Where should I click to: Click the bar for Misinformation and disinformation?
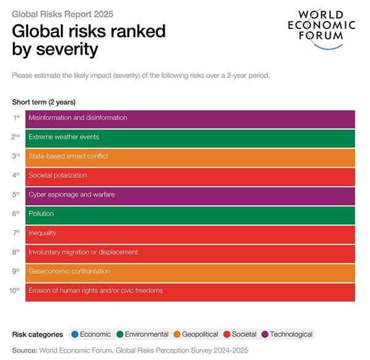point(190,118)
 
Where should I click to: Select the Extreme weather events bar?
point(190,137)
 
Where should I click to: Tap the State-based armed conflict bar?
point(190,156)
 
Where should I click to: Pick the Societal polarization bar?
point(190,176)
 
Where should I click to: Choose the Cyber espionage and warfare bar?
point(190,195)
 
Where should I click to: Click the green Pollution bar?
point(190,214)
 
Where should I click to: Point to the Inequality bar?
point(190,233)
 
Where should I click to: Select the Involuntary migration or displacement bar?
point(190,252)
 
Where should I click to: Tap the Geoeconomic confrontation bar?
point(190,272)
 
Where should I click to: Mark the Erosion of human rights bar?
point(190,291)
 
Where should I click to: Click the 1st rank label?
point(17,117)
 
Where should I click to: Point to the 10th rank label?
point(15,290)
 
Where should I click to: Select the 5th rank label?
point(17,194)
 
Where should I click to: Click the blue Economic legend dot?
point(75,334)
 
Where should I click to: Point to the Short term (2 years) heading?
point(44,102)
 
